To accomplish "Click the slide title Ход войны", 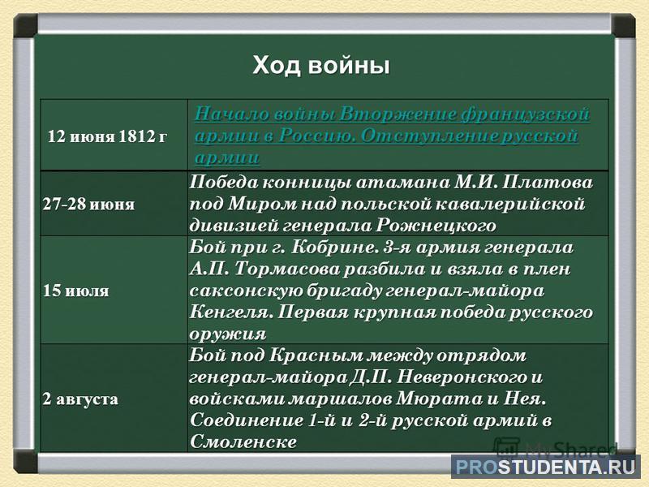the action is tap(321, 66).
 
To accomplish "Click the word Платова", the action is tap(547, 182).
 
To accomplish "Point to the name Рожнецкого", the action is tap(436, 226).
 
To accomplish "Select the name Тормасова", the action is tap(289, 269).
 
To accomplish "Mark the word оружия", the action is tap(228, 334).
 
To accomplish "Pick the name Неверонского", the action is tap(465, 377).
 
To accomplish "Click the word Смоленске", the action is tap(243, 442).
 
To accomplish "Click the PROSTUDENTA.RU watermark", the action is tap(545, 468).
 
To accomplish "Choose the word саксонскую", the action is tap(247, 291).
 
